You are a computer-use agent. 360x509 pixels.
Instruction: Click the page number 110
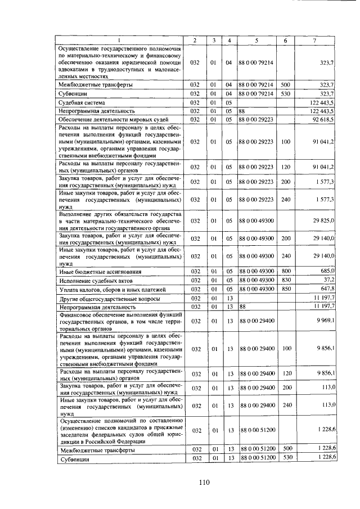204,481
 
